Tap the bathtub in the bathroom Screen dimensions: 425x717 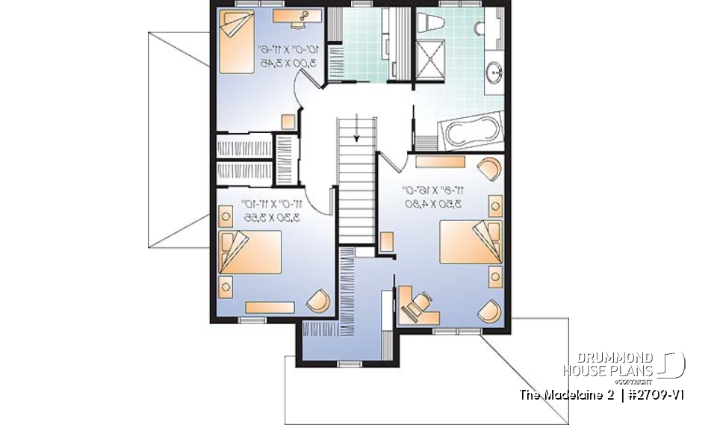475,133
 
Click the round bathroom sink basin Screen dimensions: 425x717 494,73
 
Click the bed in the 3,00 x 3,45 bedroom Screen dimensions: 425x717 238,33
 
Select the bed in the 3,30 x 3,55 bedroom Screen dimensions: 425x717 251,252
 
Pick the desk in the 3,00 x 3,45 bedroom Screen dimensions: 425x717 297,16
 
